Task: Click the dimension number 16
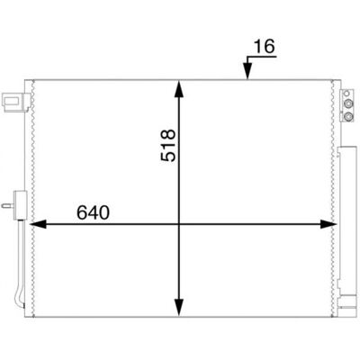264,47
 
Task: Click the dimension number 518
168,146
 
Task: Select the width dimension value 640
93,212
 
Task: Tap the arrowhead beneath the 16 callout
247,72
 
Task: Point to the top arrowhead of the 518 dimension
179,89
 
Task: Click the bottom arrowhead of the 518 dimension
179,308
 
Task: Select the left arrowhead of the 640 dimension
39,224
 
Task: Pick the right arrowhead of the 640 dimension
328,224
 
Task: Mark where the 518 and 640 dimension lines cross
179,224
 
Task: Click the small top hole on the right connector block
347,93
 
